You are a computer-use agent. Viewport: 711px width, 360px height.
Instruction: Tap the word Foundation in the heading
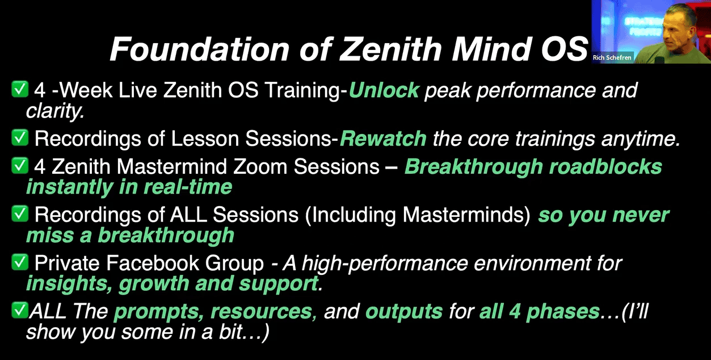[x=200, y=49]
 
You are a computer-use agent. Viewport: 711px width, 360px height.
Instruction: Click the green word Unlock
[x=384, y=90]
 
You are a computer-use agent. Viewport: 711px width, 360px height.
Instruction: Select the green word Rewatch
[x=383, y=139]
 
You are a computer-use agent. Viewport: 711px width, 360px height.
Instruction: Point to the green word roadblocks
[x=605, y=166]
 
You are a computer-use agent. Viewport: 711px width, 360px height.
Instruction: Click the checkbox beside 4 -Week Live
[x=20, y=89]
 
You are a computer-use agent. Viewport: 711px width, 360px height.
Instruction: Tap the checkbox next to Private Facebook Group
[x=20, y=262]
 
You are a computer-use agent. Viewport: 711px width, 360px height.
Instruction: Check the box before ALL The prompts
[x=20, y=310]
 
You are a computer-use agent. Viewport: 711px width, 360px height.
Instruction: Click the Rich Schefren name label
[x=612, y=58]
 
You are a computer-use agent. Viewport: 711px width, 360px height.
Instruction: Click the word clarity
[x=55, y=111]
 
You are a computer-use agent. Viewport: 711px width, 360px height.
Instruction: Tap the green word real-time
[x=188, y=187]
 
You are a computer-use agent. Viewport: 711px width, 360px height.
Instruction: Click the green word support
[x=279, y=284]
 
